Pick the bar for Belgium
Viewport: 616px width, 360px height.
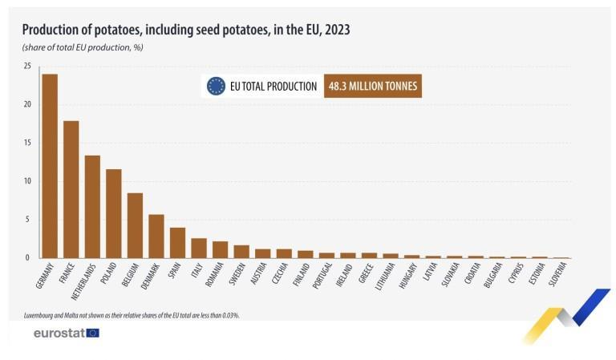tap(135, 225)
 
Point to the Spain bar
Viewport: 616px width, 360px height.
tap(177, 243)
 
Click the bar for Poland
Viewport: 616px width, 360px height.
tap(114, 213)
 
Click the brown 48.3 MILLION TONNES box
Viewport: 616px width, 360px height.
tap(373, 86)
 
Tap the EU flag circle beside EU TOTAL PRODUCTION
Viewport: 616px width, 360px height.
tap(216, 86)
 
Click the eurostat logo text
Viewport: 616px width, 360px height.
tap(59, 332)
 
